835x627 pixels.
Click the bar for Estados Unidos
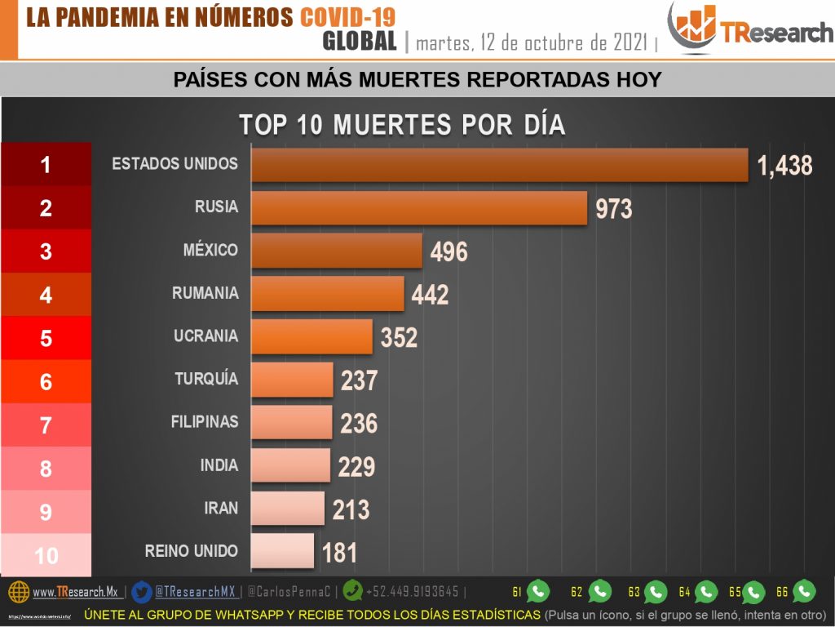(x=499, y=164)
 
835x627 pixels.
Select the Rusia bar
(x=419, y=207)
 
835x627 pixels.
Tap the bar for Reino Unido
(x=282, y=551)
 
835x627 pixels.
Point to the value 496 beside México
(x=448, y=251)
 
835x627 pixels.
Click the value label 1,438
(x=784, y=166)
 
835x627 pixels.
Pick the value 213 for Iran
(x=351, y=510)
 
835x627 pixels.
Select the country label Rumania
(x=205, y=293)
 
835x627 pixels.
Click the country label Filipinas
(x=205, y=422)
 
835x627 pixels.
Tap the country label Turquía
(x=206, y=379)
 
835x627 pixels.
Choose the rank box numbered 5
(x=46, y=338)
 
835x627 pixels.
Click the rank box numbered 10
(x=46, y=556)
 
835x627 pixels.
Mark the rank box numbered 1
(x=46, y=165)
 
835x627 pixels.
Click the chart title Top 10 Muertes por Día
(x=402, y=125)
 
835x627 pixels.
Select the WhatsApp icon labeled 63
(x=656, y=592)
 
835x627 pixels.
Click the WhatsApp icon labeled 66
(x=804, y=591)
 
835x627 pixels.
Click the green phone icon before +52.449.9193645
(x=353, y=591)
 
